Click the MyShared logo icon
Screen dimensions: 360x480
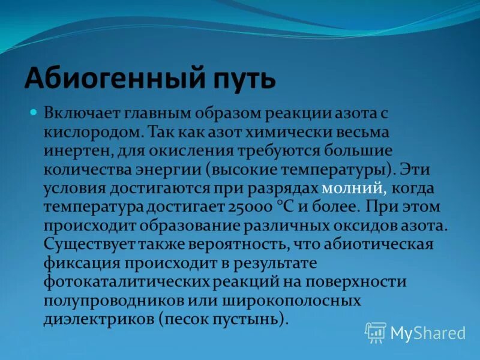(376, 332)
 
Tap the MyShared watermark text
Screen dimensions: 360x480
(428, 333)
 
